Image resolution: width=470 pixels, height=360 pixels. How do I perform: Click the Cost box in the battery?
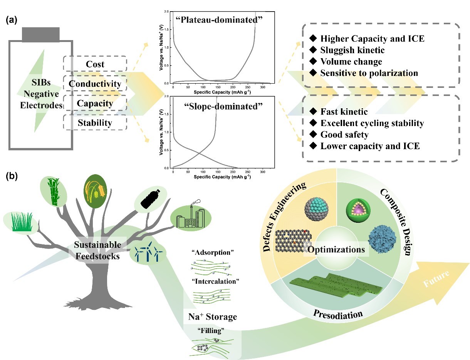click(x=95, y=64)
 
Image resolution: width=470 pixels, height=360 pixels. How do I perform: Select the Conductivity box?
click(x=95, y=84)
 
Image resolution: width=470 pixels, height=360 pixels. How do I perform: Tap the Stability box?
click(x=95, y=123)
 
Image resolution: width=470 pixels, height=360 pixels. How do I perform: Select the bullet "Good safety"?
click(x=344, y=135)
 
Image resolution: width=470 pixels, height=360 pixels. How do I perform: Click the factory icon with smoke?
click(x=191, y=217)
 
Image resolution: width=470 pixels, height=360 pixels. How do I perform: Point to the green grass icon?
click(x=21, y=224)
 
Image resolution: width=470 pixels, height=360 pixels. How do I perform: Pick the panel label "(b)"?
click(x=12, y=177)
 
